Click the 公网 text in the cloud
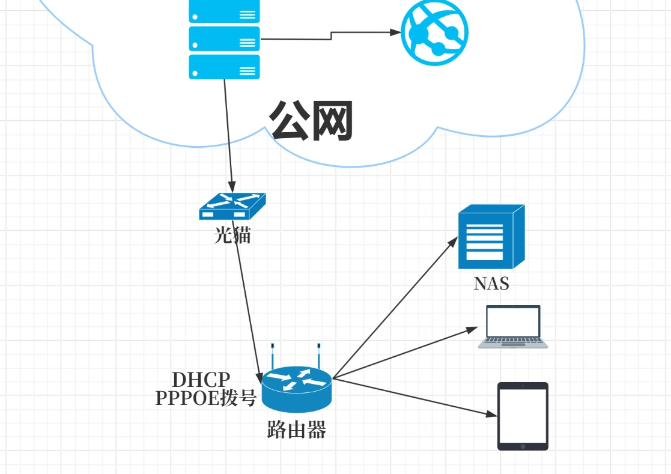point(311,121)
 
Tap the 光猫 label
point(232,235)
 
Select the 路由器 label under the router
point(296,430)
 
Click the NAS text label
point(491,284)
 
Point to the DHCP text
point(201,380)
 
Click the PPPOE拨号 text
point(206,398)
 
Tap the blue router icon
point(297,387)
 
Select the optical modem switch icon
point(232,206)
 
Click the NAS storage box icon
point(491,237)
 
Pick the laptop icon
point(513,327)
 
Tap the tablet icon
point(523,416)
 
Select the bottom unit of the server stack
point(224,67)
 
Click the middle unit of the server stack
point(224,39)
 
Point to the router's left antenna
point(272,356)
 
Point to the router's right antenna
point(318,356)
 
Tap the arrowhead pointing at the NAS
point(454,241)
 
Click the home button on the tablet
point(523,446)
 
